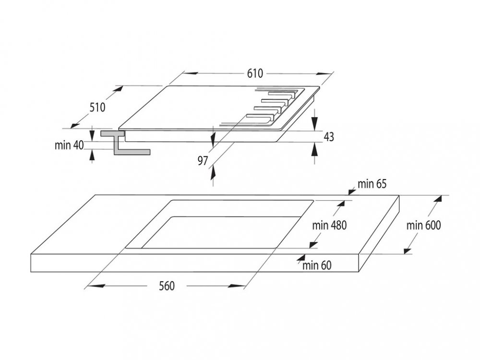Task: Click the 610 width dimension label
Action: pyautogui.click(x=255, y=73)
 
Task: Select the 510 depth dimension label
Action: pyautogui.click(x=97, y=107)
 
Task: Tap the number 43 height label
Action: pyautogui.click(x=328, y=137)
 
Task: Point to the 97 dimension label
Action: pyautogui.click(x=203, y=160)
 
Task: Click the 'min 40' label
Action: pyautogui.click(x=69, y=145)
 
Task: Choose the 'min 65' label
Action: pyautogui.click(x=372, y=184)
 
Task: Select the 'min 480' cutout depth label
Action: pyautogui.click(x=329, y=225)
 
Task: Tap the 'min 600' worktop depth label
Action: pyautogui.click(x=424, y=225)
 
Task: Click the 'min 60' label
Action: pyautogui.click(x=317, y=265)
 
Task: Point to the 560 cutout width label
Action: pyautogui.click(x=167, y=286)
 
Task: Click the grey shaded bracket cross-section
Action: pyautogui.click(x=125, y=143)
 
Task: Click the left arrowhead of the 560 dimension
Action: pyautogui.click(x=96, y=286)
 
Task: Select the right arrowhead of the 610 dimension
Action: pyautogui.click(x=324, y=73)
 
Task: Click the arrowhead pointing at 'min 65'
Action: pyautogui.click(x=352, y=192)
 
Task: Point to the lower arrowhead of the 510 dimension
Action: pyautogui.click(x=75, y=124)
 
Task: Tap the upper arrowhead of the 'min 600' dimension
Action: pyautogui.click(x=438, y=199)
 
